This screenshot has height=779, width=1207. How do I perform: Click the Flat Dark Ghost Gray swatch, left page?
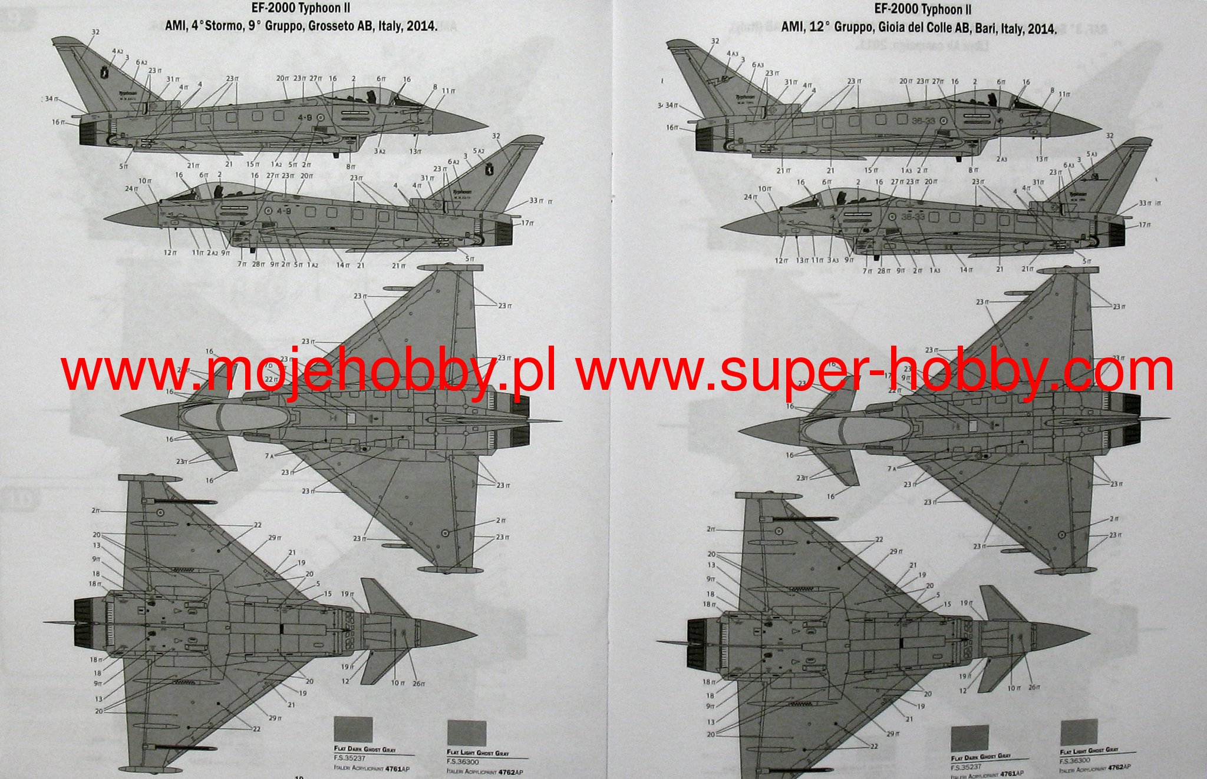click(353, 729)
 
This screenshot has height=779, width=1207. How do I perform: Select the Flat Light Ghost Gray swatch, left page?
click(466, 732)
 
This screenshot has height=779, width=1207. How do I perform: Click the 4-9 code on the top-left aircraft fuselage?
click(305, 117)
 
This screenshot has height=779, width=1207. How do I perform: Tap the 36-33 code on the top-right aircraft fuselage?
click(922, 121)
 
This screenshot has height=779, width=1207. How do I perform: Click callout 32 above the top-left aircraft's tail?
click(95, 32)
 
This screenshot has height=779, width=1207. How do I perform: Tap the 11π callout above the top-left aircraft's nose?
click(448, 91)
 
